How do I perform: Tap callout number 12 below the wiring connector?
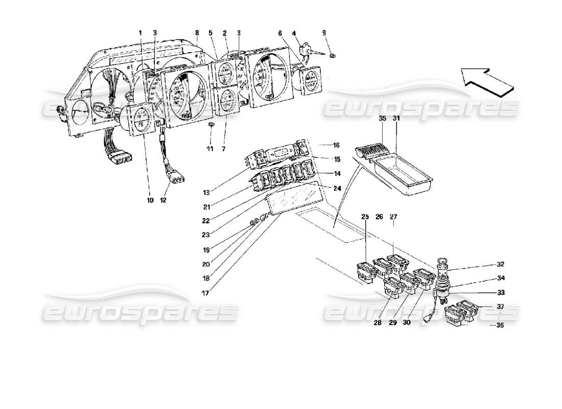(164, 200)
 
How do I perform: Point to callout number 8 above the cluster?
(196, 33)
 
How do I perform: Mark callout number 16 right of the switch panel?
(336, 145)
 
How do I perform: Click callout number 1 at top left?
(139, 33)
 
